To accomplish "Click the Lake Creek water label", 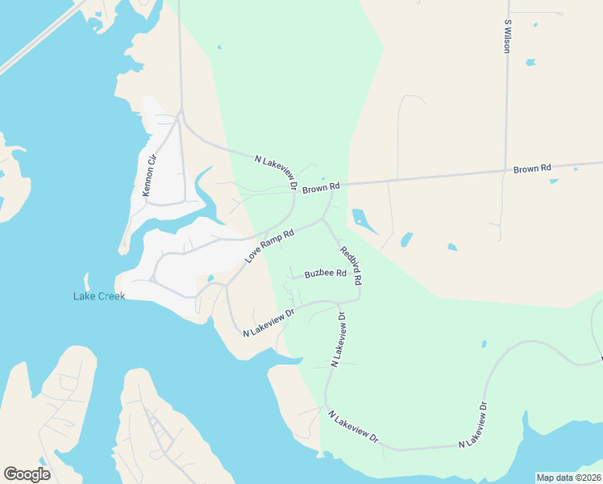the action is pos(98,297).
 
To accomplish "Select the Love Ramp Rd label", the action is pos(270,245).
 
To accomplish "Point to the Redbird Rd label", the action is pos(351,265).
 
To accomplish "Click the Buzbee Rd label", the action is pos(325,274).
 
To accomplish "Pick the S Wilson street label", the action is pos(507,36).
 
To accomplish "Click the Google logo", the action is pos(27,474).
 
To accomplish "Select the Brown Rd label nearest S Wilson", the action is pos(532,169).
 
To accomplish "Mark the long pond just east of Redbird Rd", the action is pos(364,220).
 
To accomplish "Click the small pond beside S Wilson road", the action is pos(530,62).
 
